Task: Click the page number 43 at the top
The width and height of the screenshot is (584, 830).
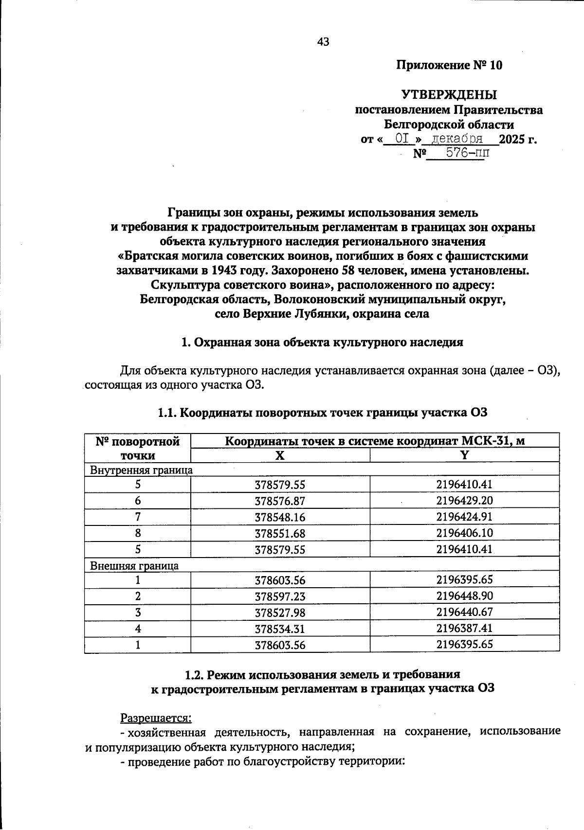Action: tap(323, 42)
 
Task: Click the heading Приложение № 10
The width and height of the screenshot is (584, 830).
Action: tap(449, 65)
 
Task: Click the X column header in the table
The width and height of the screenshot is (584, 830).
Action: tap(280, 455)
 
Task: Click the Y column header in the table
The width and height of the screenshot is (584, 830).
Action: tap(464, 455)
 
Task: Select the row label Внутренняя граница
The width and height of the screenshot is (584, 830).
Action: tap(141, 470)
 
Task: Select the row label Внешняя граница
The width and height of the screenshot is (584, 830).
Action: tap(134, 566)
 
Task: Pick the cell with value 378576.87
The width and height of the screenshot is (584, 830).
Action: tap(280, 501)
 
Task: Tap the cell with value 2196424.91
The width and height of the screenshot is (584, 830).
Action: tap(464, 517)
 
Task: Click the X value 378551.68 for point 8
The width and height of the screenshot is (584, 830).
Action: tap(280, 534)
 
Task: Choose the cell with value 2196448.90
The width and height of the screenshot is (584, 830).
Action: tap(464, 596)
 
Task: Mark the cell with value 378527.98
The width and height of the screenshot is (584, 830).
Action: tap(280, 613)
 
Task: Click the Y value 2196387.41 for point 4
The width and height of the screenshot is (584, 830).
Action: tap(464, 628)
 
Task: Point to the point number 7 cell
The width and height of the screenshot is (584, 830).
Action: tap(138, 517)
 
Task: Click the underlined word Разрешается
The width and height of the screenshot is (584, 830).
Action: tap(156, 718)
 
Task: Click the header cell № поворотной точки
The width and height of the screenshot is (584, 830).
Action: tap(138, 448)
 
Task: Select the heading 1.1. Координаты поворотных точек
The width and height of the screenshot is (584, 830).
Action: tap(322, 413)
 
